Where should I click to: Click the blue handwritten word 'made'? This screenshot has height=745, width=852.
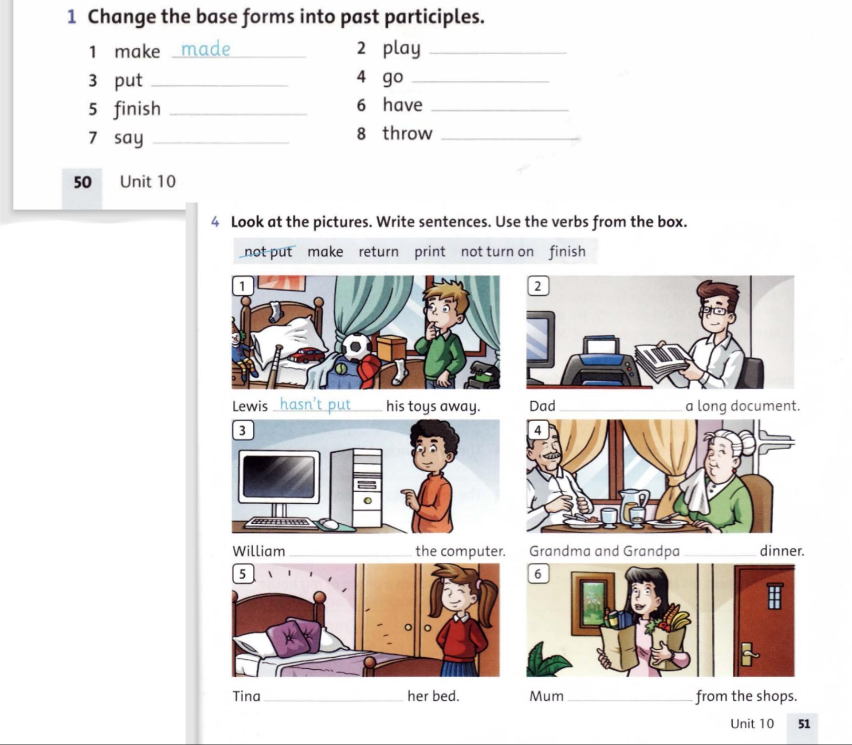206,49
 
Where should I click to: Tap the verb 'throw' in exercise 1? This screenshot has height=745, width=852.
407,134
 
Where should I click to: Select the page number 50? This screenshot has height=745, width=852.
83,182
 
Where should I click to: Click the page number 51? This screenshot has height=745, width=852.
804,724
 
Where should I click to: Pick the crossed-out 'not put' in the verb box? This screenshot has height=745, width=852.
268,251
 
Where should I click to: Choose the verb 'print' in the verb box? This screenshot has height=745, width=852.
429,252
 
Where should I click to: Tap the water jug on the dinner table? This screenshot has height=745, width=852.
632,506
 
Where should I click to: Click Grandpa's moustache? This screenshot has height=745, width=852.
551,456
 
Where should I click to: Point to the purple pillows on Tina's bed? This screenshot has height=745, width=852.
293,636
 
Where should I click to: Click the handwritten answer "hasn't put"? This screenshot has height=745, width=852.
315,404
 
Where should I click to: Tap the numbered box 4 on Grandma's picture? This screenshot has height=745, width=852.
538,430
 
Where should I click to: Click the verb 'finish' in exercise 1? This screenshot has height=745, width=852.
137,109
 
